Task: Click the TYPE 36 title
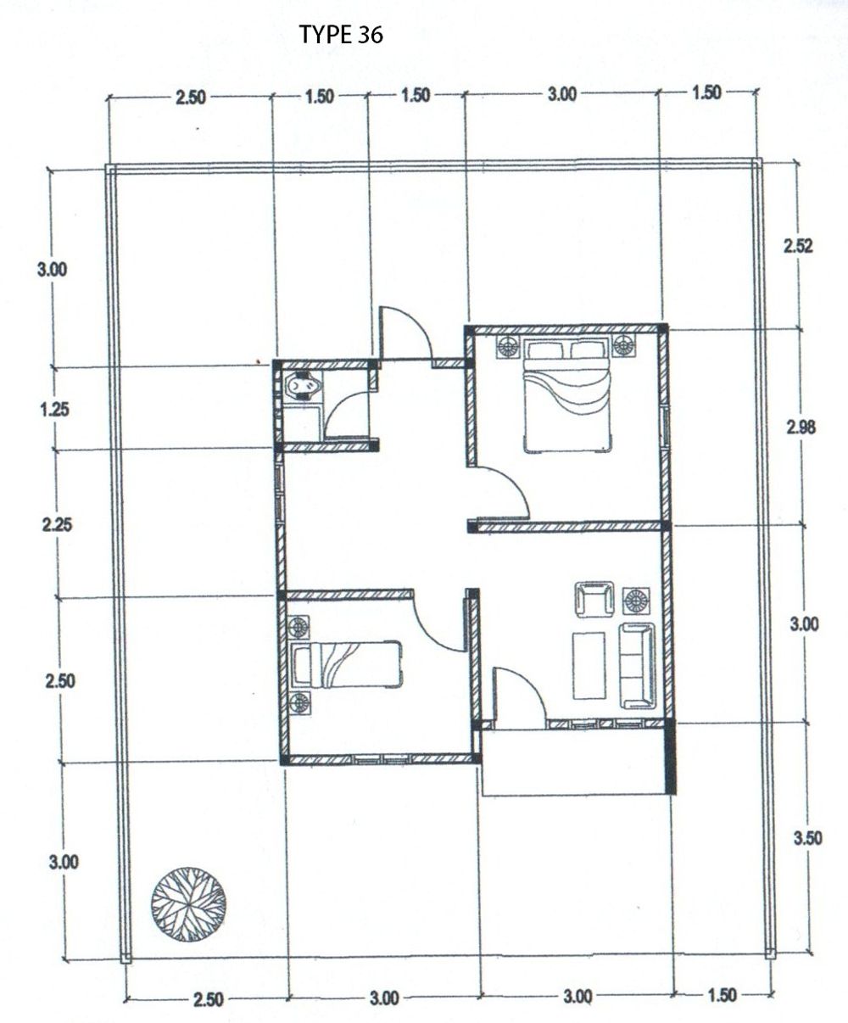tap(341, 35)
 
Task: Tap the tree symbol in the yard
tap(188, 904)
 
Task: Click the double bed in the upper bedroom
tap(567, 396)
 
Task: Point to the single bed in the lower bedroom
tap(347, 665)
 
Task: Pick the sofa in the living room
tap(638, 667)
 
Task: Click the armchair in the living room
tap(594, 600)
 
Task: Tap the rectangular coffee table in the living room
tap(589, 665)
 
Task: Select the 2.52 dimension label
tap(798, 246)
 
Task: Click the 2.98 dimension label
tap(801, 428)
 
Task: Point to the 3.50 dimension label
tap(808, 838)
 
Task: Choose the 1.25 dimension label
tap(55, 409)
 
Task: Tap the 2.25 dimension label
tap(57, 525)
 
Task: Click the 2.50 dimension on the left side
tap(60, 681)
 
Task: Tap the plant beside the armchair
tap(636, 601)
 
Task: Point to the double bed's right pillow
tap(589, 349)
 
